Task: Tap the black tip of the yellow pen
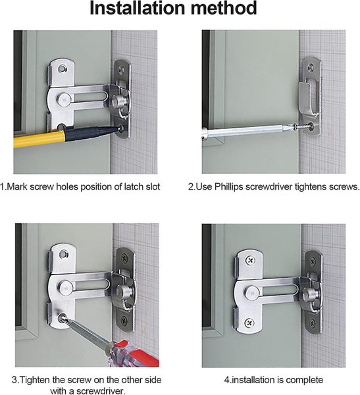tap(117, 128)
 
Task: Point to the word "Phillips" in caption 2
tap(229, 187)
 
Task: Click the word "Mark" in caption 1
tap(16, 187)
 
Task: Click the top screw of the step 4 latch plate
tap(250, 260)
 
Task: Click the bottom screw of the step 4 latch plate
tap(249, 322)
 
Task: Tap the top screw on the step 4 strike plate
tap(313, 261)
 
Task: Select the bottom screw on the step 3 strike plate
tap(124, 320)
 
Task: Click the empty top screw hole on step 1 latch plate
tap(63, 68)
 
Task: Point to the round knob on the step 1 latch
tap(119, 102)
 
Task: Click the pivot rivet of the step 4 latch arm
tap(251, 292)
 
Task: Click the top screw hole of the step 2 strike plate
tap(311, 67)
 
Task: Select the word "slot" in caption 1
tap(153, 187)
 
